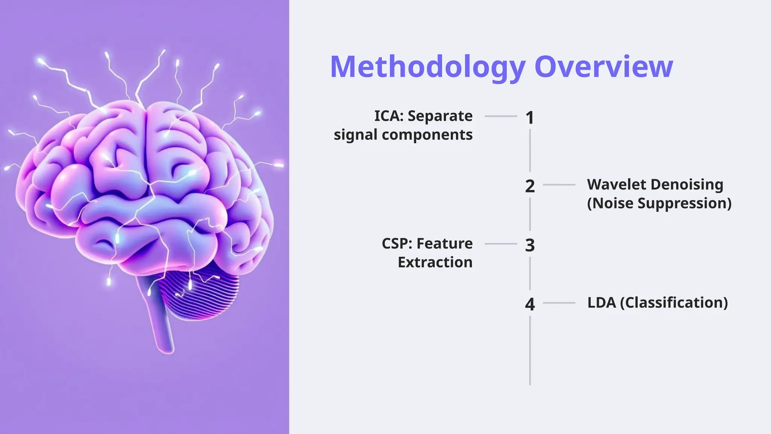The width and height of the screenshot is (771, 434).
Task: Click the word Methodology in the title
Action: point(427,67)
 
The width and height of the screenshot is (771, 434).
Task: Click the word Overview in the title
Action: point(603,67)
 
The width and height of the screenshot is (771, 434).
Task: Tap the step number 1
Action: point(530,118)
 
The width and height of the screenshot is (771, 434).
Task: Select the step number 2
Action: point(530,186)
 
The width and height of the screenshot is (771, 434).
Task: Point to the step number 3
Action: point(530,245)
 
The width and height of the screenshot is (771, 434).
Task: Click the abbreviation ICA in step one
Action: point(388,116)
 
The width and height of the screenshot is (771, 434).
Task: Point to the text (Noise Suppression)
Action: point(659,203)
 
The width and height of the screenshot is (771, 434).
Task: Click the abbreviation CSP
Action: point(396,244)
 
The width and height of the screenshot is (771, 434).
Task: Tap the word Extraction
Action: point(435,262)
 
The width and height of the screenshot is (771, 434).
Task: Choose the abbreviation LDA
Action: point(601,303)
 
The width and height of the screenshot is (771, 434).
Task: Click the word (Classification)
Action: point(674,303)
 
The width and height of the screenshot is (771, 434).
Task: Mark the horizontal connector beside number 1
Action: point(500,116)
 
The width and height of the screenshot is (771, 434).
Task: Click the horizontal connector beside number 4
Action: point(559,303)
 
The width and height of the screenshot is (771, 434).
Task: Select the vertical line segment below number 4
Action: point(530,350)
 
